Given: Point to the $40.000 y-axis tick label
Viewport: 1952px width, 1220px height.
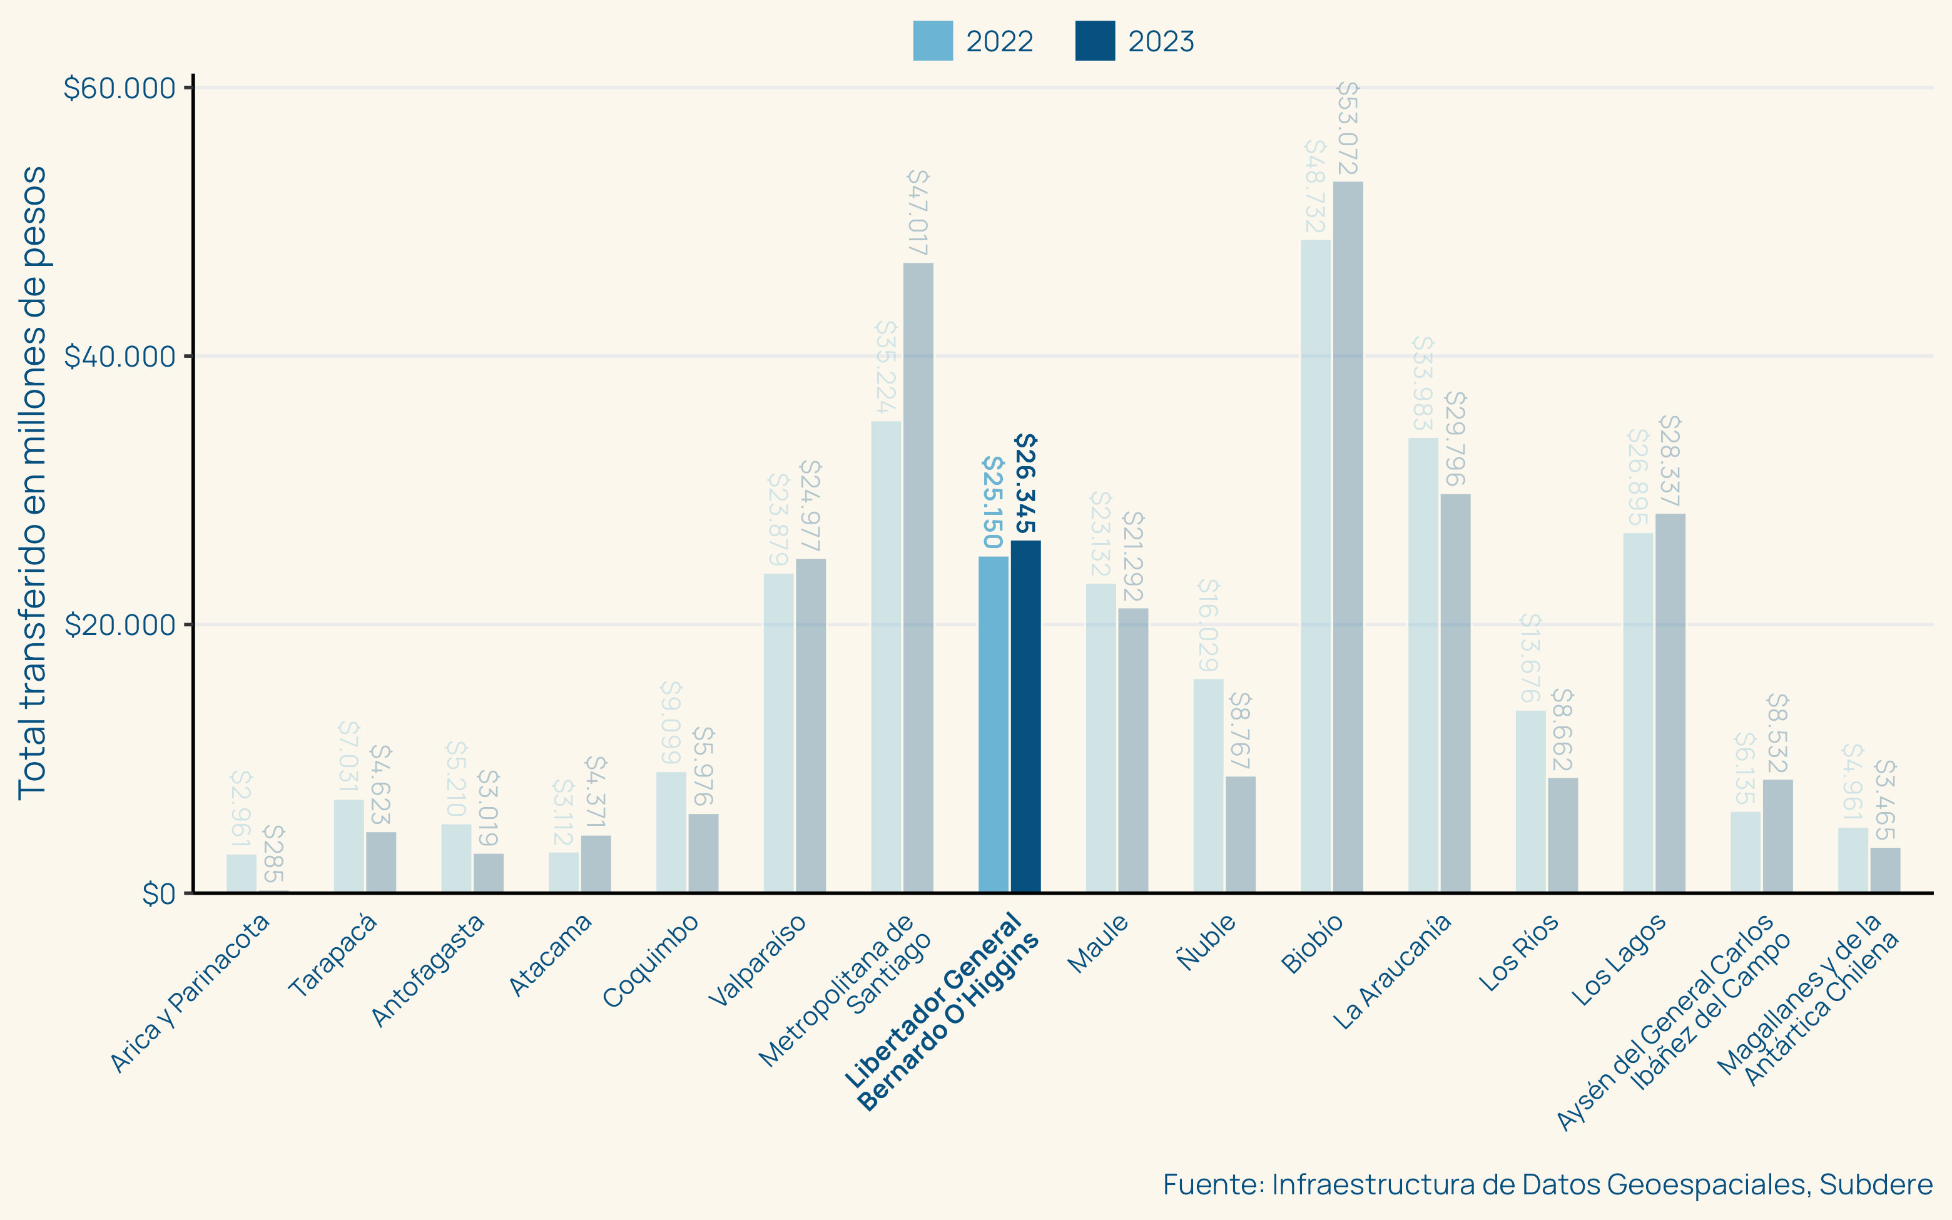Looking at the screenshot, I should tap(119, 357).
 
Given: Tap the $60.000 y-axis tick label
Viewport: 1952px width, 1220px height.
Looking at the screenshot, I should tap(119, 88).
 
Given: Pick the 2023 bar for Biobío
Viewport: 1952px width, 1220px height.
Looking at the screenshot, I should tap(1348, 537).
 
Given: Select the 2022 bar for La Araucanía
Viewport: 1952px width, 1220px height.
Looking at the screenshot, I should tap(1423, 665).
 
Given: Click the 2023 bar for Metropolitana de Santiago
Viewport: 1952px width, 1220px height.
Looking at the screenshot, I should tap(918, 577).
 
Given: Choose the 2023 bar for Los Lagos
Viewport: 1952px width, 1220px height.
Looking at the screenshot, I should tap(1670, 703).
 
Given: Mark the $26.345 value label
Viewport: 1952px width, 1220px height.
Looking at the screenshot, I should tap(1025, 484).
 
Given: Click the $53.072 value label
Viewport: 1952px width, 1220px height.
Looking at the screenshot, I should tap(1348, 128).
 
